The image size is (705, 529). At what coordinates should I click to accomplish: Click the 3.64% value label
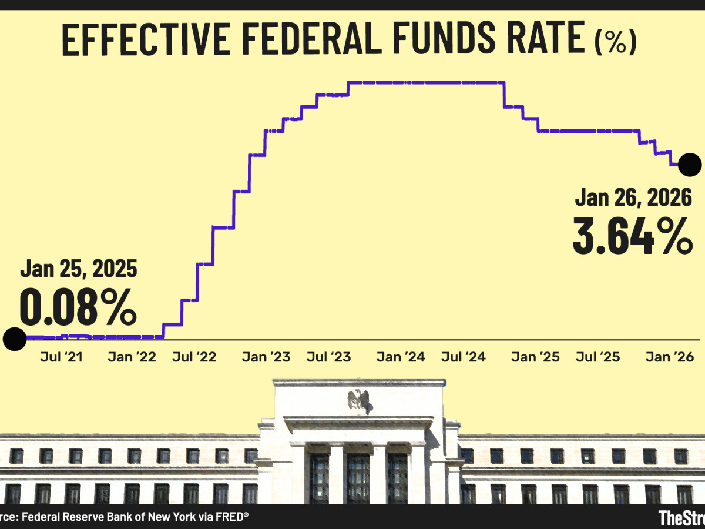coord(632,236)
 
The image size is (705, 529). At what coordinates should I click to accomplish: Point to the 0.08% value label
coord(78,307)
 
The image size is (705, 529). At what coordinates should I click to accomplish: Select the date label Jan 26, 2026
coord(633,198)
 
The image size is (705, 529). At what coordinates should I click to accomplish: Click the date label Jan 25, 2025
coord(79,269)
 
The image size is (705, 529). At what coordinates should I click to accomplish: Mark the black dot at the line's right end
coord(690,165)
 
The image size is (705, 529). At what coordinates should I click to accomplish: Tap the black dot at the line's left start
coord(14,339)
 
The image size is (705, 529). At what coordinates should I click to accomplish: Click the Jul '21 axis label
coord(61,357)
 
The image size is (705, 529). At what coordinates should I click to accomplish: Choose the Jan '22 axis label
coord(132,357)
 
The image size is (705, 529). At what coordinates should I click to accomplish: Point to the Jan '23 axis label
coord(266,357)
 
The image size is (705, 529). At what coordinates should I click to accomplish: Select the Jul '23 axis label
coord(329,357)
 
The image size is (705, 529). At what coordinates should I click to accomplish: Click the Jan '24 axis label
coord(400,357)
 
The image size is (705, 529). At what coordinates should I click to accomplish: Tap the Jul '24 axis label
coord(464,357)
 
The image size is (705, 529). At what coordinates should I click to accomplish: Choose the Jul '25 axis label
coord(597,357)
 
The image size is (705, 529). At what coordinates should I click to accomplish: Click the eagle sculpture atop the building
coord(359,400)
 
